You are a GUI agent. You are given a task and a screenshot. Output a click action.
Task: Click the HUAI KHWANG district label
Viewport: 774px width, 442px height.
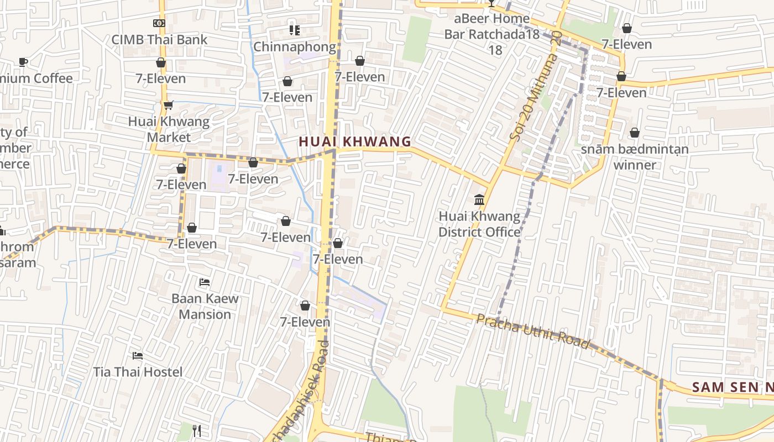355,141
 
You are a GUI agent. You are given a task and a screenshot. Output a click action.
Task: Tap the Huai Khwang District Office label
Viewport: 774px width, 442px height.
479,224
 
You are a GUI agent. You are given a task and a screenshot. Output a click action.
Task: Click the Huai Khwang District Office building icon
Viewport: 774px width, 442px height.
479,199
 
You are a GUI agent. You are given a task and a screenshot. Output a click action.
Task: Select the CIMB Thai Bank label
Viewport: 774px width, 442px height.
159,39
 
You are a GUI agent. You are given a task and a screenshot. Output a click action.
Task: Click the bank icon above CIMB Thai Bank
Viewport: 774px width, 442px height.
159,23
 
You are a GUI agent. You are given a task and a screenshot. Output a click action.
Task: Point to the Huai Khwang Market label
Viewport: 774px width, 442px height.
169,129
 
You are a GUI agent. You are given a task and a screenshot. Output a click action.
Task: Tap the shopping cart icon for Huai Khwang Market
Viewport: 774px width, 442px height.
168,105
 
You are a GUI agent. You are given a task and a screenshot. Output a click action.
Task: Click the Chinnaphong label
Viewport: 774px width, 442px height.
295,47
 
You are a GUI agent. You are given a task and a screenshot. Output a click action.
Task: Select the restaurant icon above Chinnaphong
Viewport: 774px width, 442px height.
295,30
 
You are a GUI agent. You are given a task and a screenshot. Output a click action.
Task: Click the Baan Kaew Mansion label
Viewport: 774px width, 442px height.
205,306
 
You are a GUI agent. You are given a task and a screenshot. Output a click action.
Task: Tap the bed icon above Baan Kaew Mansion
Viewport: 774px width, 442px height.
205,282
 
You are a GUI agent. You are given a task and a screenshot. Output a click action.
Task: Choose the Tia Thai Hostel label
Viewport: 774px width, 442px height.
138,372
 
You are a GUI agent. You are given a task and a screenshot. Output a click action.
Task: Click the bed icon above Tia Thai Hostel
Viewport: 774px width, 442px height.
138,355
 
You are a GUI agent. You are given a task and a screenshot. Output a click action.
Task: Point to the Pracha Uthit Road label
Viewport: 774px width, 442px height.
533,331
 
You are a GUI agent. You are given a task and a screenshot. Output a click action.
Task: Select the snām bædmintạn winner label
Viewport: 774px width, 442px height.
635,157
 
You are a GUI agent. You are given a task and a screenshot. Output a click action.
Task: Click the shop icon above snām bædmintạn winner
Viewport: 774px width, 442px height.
635,133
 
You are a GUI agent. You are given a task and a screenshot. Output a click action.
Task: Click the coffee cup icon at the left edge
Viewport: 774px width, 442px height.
23,62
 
